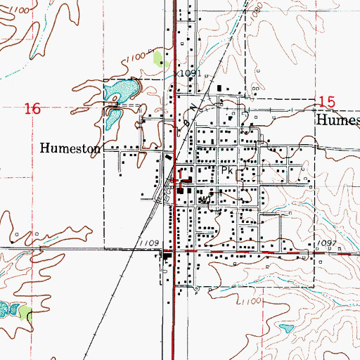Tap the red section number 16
coord(31,109)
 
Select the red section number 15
coord(325,101)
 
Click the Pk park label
coord(226,171)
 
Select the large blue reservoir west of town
coord(122,89)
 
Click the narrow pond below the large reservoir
coord(112,118)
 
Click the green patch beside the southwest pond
coord(25,313)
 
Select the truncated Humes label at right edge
coord(338,120)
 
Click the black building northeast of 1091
coord(220,88)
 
